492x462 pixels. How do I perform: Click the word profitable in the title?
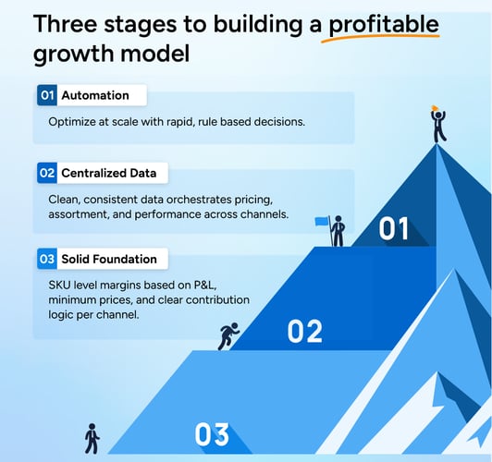pos(383,23)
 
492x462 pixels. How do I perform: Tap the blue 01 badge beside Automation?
pos(47,95)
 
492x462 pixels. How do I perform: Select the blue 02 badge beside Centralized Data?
pos(47,173)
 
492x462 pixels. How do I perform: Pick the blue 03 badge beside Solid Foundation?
pos(47,258)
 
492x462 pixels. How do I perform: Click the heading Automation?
pos(94,95)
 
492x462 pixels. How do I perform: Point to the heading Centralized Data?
pos(109,173)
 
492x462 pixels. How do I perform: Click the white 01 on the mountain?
pos(394,227)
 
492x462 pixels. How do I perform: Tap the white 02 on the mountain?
pos(303,330)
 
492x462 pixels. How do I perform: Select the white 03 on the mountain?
pos(212,432)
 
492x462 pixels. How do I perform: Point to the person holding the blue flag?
pos(338,230)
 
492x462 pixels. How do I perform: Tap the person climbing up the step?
pos(228,335)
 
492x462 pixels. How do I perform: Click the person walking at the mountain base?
pos(92,437)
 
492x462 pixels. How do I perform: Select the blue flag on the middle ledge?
pos(323,222)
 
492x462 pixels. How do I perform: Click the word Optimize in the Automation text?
pos(75,121)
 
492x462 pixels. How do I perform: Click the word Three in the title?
pos(68,23)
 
